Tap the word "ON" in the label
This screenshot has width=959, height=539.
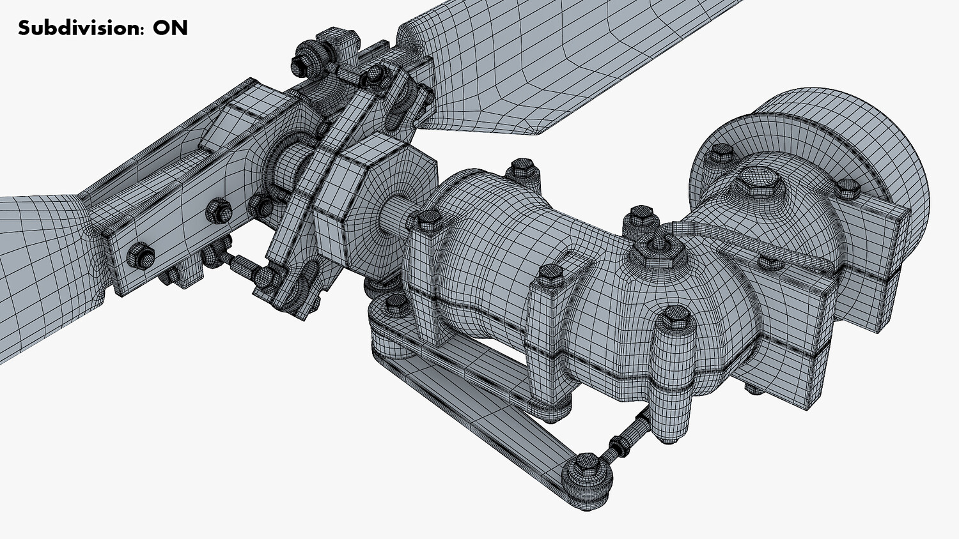(x=171, y=28)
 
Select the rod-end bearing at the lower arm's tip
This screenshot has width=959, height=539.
(x=586, y=477)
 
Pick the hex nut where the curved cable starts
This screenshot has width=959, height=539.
(x=658, y=250)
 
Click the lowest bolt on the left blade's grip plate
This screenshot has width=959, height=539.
(x=141, y=256)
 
